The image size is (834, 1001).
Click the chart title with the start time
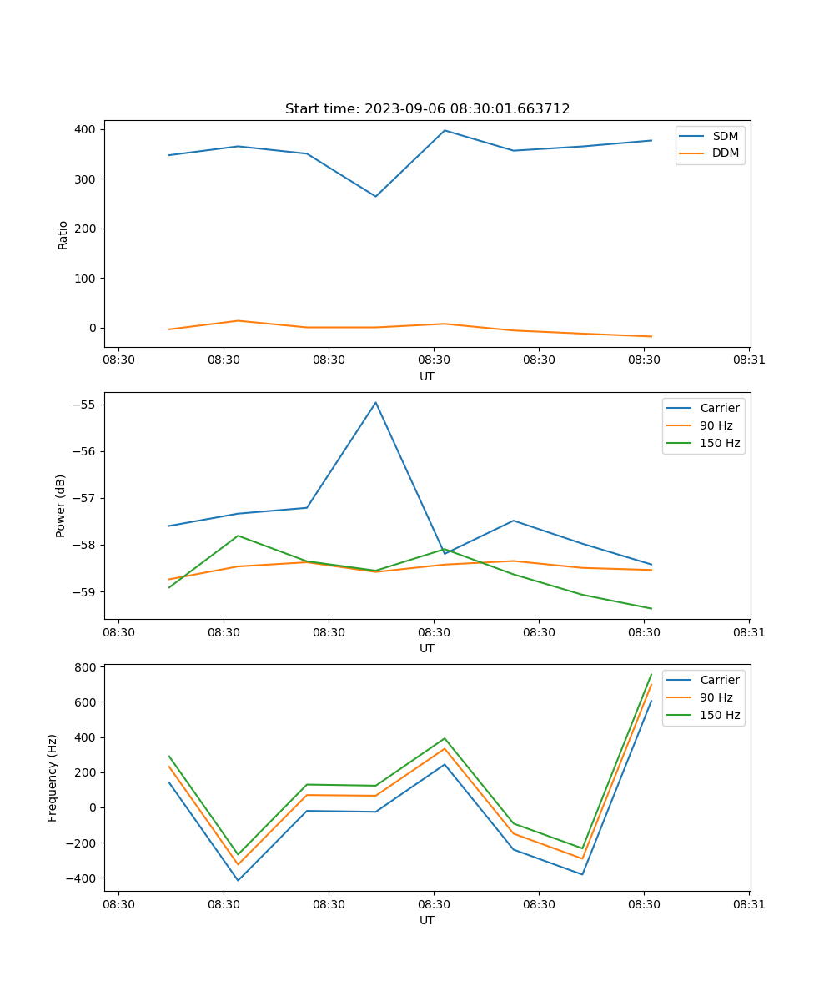(427, 109)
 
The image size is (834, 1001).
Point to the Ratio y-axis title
(63, 234)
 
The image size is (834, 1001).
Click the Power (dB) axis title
(61, 506)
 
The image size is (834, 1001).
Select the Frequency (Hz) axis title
(53, 777)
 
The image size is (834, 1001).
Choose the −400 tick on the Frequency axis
(83, 878)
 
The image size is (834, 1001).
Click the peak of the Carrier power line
(375, 402)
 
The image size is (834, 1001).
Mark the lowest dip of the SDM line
(375, 196)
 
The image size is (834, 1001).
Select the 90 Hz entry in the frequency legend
(716, 697)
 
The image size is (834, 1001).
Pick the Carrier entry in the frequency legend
(719, 680)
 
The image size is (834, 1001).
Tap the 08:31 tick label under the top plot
(749, 360)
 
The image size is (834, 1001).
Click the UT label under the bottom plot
(427, 920)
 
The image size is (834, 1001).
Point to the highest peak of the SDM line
(445, 130)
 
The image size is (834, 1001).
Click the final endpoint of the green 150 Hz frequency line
(651, 674)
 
